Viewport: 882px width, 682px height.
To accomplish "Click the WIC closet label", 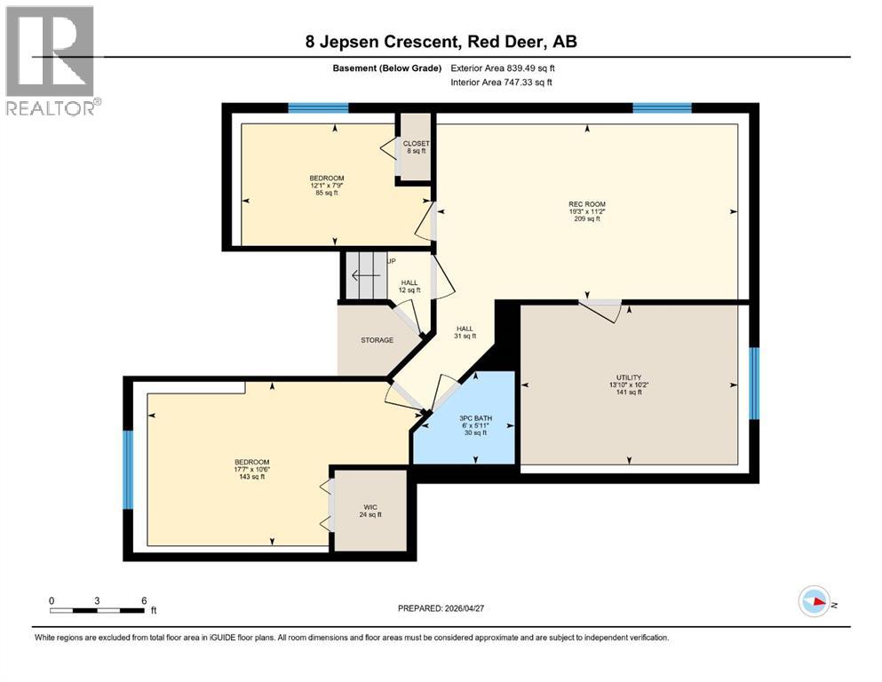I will pyautogui.click(x=370, y=509).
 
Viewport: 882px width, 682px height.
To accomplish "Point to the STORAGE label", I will pyautogui.click(x=377, y=340).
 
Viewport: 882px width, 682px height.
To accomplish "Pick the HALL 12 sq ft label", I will pyautogui.click(x=409, y=286).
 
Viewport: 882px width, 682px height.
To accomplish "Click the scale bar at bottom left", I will pyautogui.click(x=98, y=610).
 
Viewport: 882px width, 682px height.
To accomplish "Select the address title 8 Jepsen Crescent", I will pyautogui.click(x=439, y=42).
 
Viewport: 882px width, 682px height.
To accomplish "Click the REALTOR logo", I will pyautogui.click(x=51, y=61).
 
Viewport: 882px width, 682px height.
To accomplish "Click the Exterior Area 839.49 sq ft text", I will pyautogui.click(x=502, y=68).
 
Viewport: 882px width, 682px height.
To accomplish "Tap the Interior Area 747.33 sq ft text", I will pyautogui.click(x=502, y=83).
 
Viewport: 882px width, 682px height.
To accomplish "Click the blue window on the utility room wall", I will pyautogui.click(x=754, y=382).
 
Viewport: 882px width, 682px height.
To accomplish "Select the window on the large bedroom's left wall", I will pyautogui.click(x=128, y=470).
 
